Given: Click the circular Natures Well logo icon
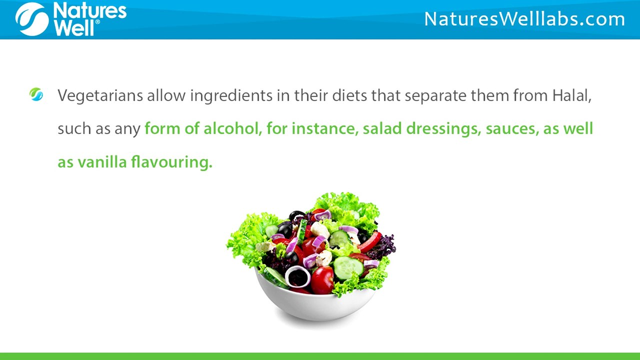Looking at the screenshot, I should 32,19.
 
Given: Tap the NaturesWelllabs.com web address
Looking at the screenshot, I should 524,19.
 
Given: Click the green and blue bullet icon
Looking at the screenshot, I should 36,94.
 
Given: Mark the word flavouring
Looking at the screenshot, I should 171,162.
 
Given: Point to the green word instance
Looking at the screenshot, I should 324,128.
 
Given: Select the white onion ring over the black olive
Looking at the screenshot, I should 298,276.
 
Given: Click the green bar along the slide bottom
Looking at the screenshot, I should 320,356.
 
